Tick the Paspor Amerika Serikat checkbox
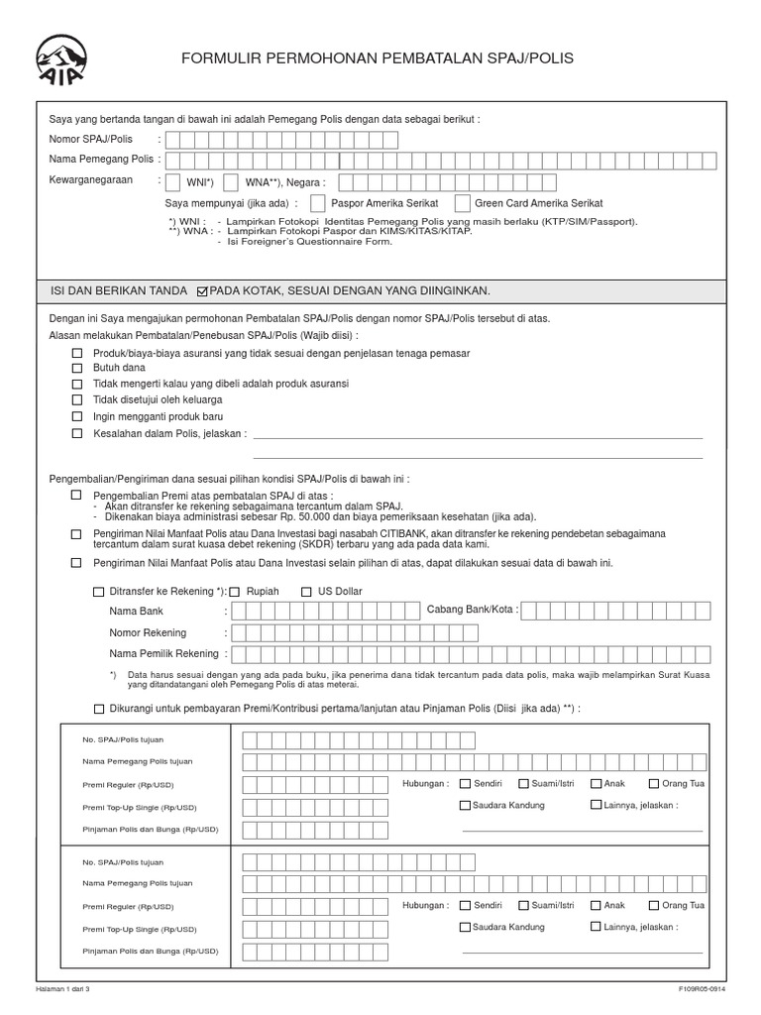317,203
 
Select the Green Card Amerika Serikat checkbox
463,203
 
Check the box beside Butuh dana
77,368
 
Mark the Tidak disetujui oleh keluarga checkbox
77,400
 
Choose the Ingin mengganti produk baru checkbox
77,417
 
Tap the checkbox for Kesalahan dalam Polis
77,434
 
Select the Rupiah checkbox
235,592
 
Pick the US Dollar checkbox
306,592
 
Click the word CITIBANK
404,533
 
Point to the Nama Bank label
137,611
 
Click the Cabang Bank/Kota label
472,610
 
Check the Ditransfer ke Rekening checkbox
98,592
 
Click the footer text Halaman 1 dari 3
69,989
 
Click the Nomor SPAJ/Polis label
91,140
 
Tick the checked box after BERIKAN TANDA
203,291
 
